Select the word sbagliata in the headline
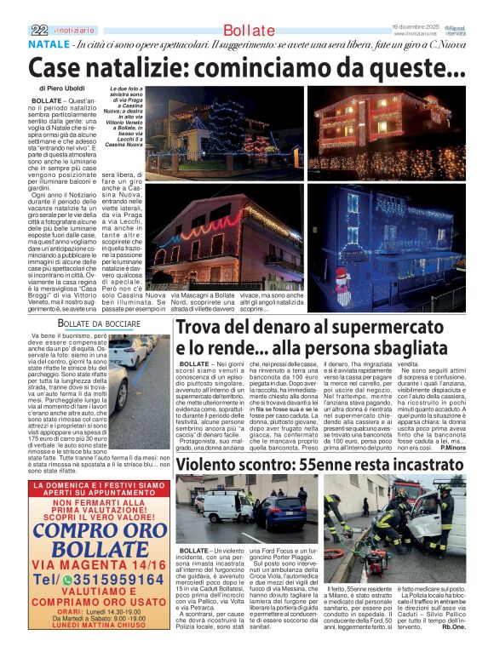(x=376, y=348)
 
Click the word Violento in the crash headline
(x=211, y=465)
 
